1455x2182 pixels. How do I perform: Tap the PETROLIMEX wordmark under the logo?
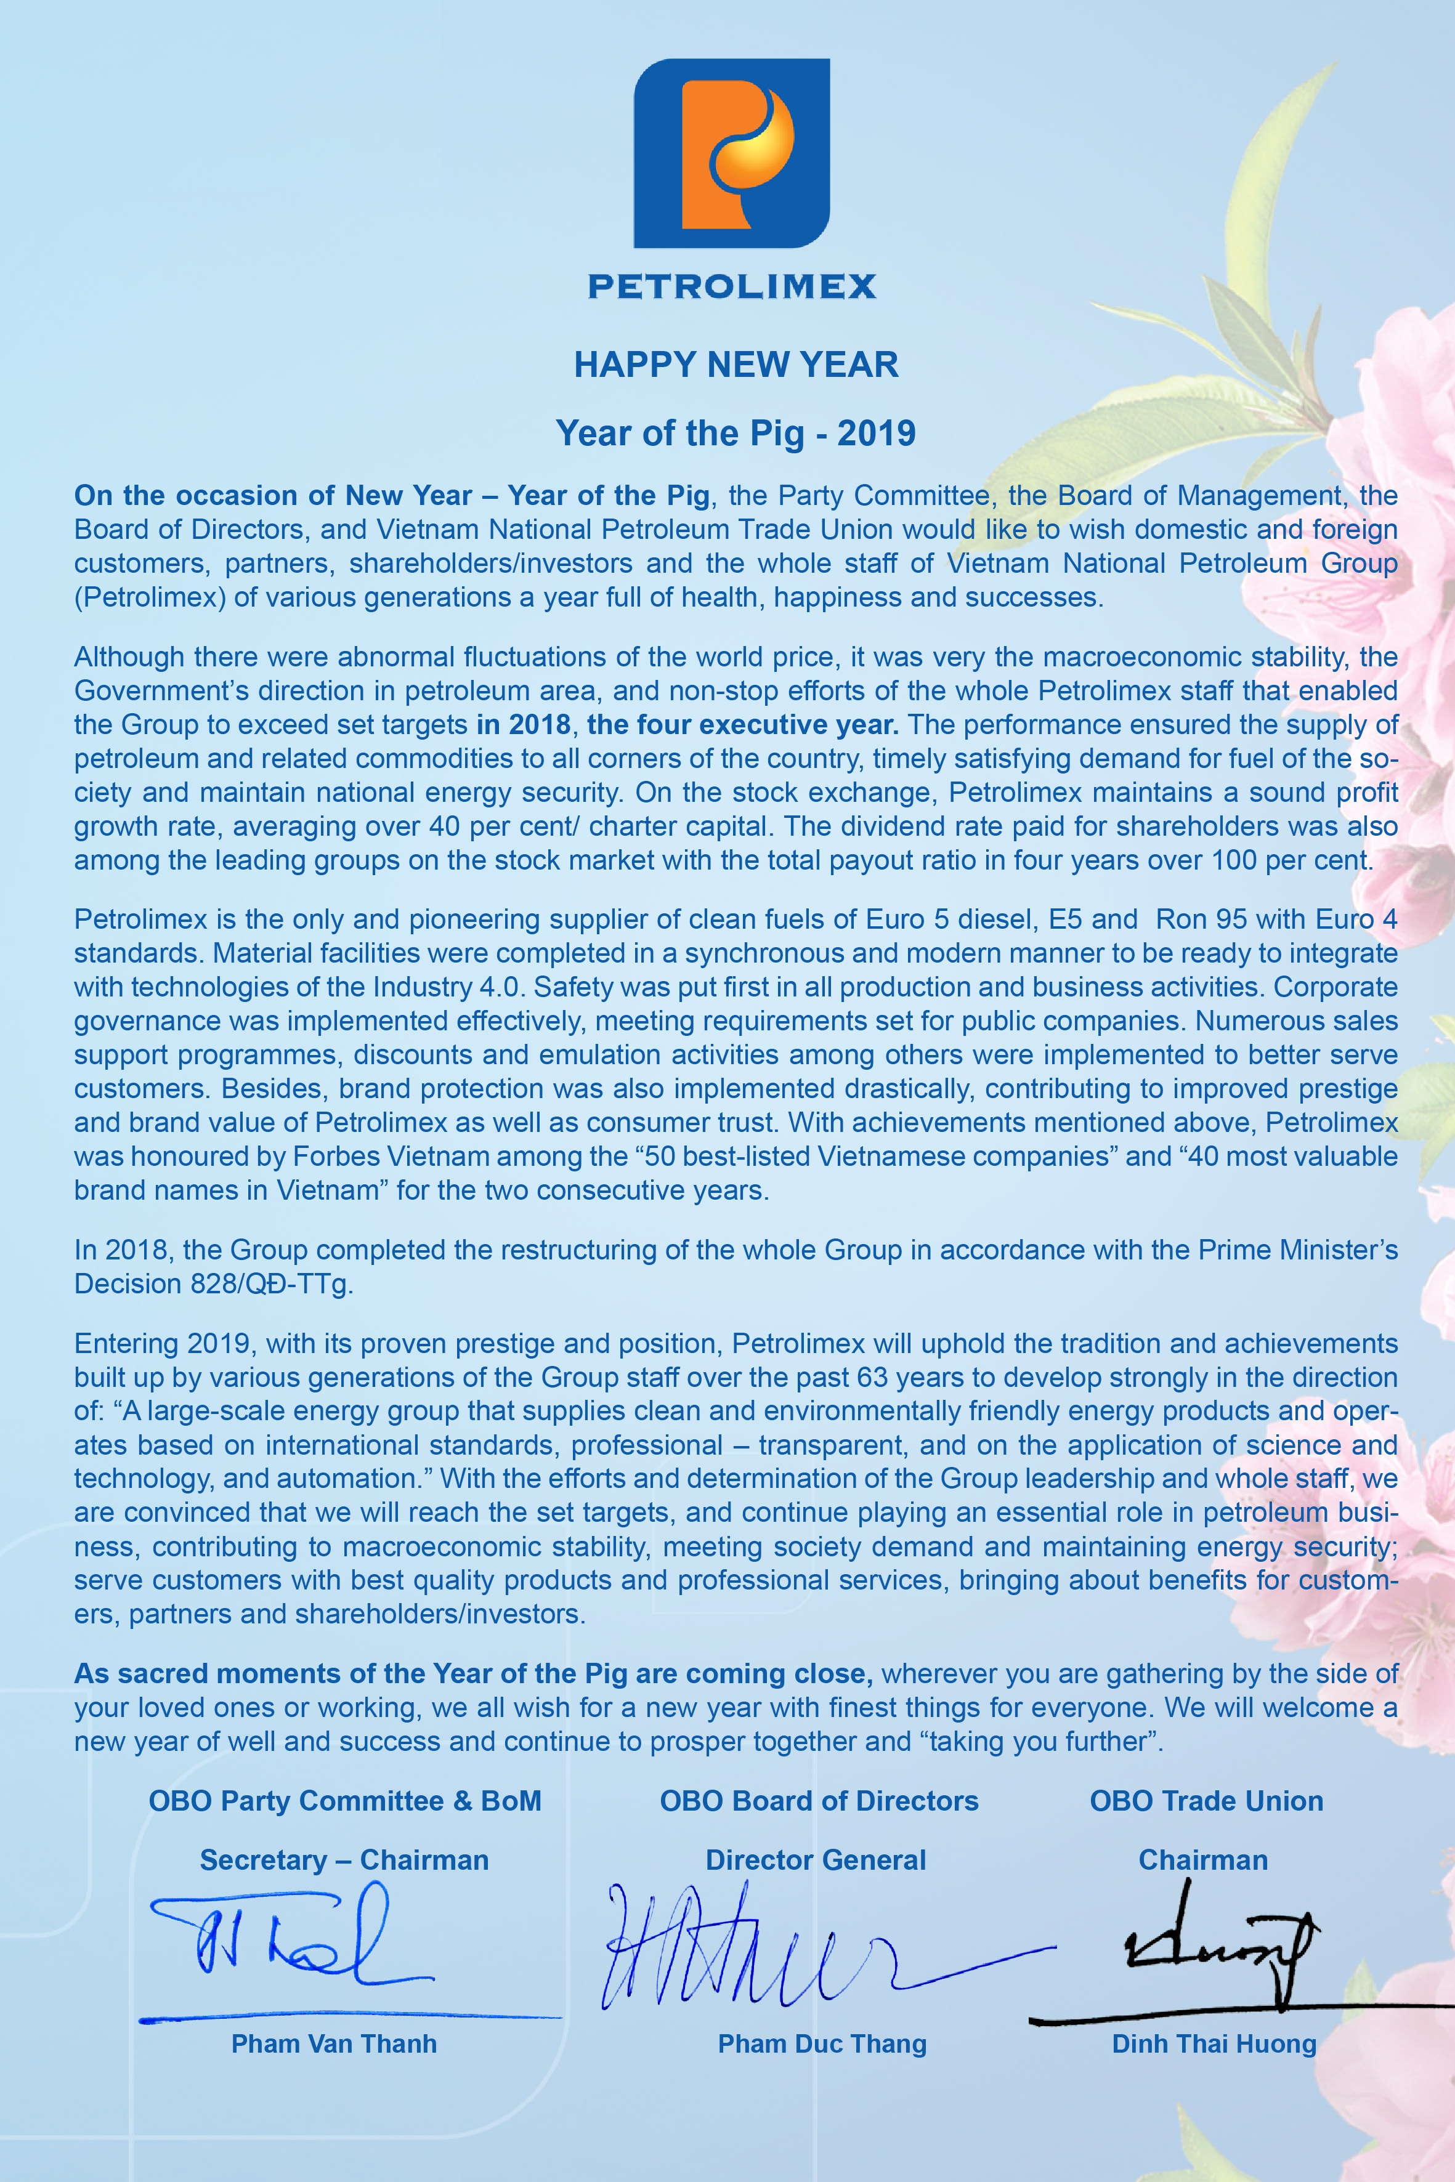(x=732, y=286)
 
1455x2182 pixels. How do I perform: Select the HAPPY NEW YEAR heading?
(x=736, y=365)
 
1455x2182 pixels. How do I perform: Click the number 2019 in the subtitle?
(x=876, y=433)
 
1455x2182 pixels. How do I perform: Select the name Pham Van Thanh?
(x=334, y=2044)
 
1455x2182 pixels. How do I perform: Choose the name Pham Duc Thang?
(x=822, y=2044)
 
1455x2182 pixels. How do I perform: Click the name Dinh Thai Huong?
(x=1214, y=2044)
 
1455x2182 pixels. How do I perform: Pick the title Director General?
(x=816, y=1860)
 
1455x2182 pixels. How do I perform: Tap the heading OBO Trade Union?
(x=1206, y=1801)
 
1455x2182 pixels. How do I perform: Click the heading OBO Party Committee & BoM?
(x=344, y=1801)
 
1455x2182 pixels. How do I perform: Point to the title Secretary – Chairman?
(x=344, y=1860)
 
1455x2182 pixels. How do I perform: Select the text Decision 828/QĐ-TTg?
(x=213, y=1284)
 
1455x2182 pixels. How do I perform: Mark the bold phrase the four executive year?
(x=742, y=724)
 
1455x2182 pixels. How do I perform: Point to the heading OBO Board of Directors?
(x=819, y=1801)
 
